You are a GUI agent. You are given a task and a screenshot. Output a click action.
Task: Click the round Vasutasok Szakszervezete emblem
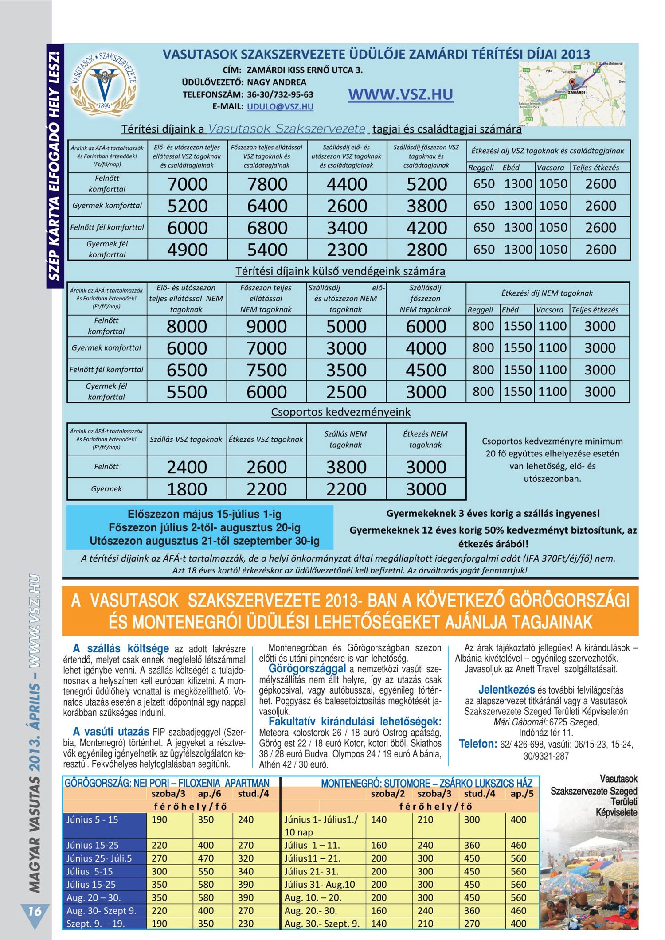[104, 83]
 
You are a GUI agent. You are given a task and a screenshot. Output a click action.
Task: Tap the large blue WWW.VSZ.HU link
[400, 94]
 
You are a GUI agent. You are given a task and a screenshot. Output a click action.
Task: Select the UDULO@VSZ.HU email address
[280, 107]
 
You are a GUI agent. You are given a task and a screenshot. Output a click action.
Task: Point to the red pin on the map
[572, 83]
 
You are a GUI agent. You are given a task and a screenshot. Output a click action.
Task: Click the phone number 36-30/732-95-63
[280, 94]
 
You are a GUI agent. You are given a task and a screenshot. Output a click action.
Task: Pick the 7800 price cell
[267, 184]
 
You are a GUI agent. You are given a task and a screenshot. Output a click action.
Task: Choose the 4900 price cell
[187, 250]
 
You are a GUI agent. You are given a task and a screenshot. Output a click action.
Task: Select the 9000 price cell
[266, 326]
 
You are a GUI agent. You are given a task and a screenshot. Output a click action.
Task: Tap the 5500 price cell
[187, 392]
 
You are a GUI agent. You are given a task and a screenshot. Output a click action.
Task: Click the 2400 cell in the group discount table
[187, 467]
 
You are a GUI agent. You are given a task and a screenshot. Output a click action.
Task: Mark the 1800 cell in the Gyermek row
[187, 489]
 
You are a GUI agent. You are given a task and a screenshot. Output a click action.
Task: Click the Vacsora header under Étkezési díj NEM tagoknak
[550, 310]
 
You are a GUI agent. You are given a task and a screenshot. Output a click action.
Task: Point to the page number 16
[35, 911]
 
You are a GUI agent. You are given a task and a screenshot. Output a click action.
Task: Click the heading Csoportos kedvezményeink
[340, 412]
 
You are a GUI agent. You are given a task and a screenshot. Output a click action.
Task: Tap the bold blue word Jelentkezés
[506, 690]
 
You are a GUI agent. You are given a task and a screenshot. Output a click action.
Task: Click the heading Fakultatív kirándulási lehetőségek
[355, 722]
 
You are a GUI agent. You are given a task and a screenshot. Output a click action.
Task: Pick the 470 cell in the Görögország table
[206, 858]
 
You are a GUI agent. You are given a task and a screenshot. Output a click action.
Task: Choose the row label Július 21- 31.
[312, 871]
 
